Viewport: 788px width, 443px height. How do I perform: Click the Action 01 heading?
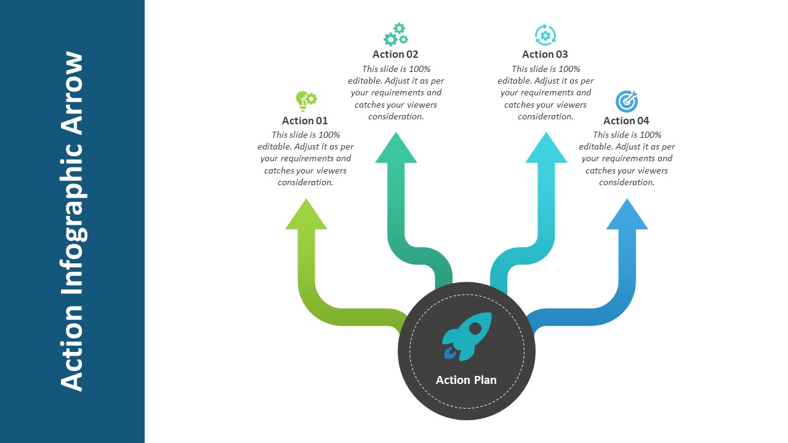305,121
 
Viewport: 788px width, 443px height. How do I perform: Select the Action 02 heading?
395,54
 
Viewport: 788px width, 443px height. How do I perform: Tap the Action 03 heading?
545,54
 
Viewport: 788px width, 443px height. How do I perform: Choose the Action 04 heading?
626,121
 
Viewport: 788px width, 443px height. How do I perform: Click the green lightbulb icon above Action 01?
306,102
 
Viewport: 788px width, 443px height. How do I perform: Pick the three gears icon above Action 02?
396,34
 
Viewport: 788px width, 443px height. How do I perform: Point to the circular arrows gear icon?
545,35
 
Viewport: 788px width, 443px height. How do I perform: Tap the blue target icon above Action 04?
627,102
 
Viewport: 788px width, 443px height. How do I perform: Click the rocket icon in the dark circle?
467,337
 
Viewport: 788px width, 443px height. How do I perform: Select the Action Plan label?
466,380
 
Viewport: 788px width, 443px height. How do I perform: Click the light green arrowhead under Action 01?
306,214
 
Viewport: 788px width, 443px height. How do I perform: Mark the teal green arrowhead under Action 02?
396,148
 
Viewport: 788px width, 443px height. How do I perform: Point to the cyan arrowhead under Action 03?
546,148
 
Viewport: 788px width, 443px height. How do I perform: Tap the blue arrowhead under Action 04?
627,214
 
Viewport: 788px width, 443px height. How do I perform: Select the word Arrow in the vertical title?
72,93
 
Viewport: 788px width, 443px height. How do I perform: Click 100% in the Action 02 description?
419,69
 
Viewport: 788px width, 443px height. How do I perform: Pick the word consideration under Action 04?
627,182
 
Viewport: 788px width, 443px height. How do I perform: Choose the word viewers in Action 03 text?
572,105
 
